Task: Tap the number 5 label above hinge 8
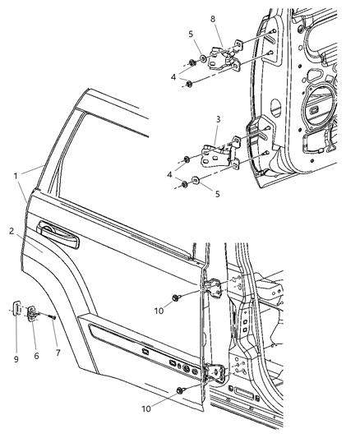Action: click(x=191, y=35)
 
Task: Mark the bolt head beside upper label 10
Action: click(x=178, y=297)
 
